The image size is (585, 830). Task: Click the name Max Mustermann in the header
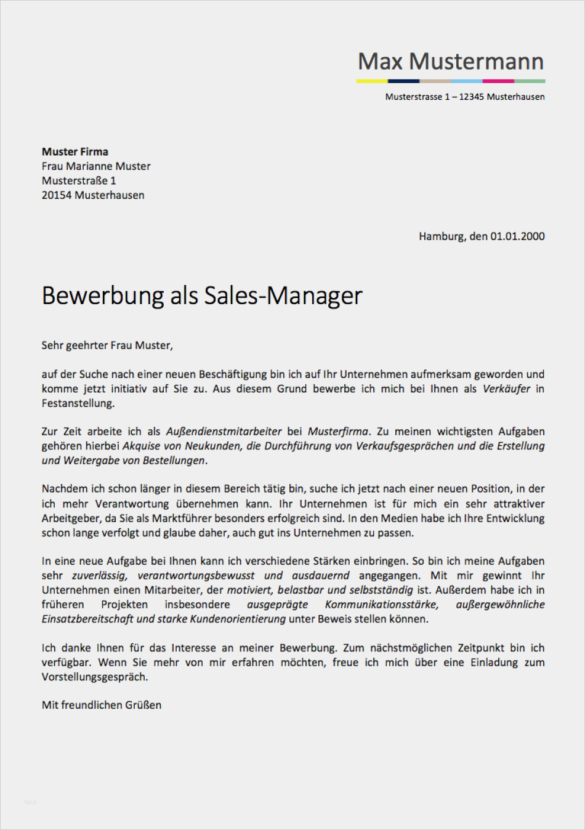pos(451,62)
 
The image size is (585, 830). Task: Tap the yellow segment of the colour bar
pos(372,81)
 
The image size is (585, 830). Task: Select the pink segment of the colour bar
pos(498,81)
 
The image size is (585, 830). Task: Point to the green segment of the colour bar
pos(530,81)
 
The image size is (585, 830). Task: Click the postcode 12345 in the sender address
pos(471,97)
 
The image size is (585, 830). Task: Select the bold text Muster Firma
pos(75,151)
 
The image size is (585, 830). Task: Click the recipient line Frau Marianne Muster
pos(96,166)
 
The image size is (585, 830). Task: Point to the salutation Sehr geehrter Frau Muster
pos(107,345)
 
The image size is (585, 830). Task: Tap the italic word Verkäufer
pos(506,389)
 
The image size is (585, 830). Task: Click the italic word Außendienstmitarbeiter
pos(224,432)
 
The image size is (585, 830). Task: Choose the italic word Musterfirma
pos(338,432)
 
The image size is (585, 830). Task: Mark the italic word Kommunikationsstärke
pos(382,605)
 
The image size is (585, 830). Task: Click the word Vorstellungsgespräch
pos(94,677)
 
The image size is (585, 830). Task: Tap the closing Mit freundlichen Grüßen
pos(102,705)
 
